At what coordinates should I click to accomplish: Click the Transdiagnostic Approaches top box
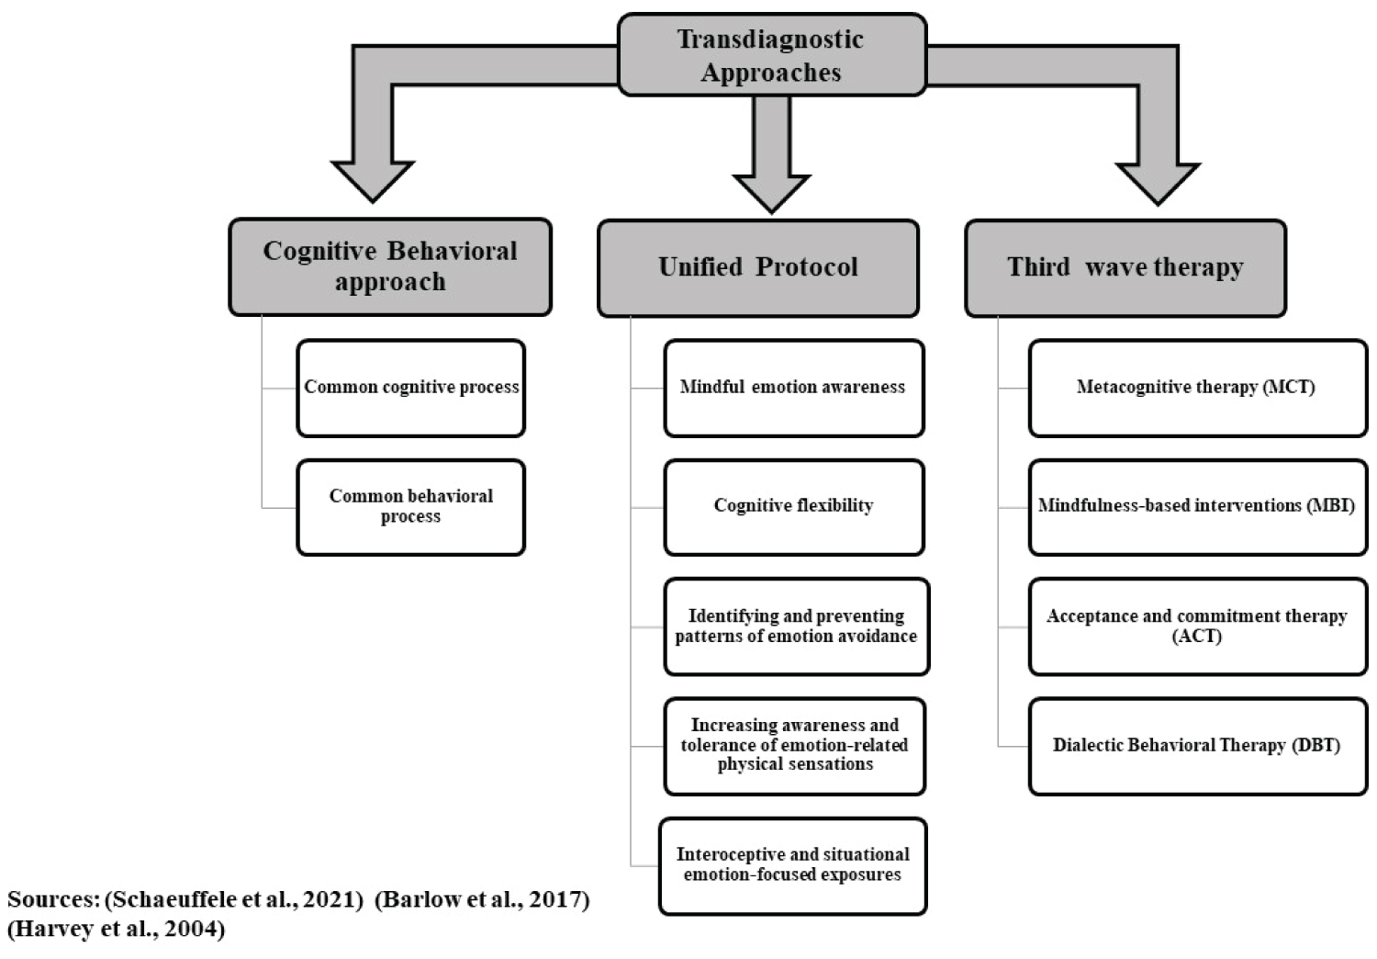pos(772,55)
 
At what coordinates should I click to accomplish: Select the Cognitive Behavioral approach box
pos(390,267)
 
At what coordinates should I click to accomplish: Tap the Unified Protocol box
pos(758,268)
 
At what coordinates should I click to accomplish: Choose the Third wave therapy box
pos(1125,268)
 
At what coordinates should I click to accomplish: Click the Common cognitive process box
pos(411,389)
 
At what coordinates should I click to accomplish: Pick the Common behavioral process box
pos(411,507)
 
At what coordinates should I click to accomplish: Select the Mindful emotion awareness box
pos(794,389)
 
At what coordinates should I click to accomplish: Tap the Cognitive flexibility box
pos(794,507)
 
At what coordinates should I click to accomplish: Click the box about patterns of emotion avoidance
pos(797,626)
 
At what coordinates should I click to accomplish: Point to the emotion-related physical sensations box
pos(795,746)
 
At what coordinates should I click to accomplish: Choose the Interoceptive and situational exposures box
pos(793,866)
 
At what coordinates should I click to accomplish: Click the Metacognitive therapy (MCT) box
pos(1198,389)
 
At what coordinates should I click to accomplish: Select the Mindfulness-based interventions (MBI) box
pos(1198,507)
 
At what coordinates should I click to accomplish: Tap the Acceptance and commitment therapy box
pos(1198,626)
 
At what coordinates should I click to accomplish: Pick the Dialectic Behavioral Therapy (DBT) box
pos(1198,746)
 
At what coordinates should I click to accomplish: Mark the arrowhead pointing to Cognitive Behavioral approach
pos(373,181)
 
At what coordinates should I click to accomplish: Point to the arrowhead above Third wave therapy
pos(1159,184)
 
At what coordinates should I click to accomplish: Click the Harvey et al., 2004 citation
pos(117,929)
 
